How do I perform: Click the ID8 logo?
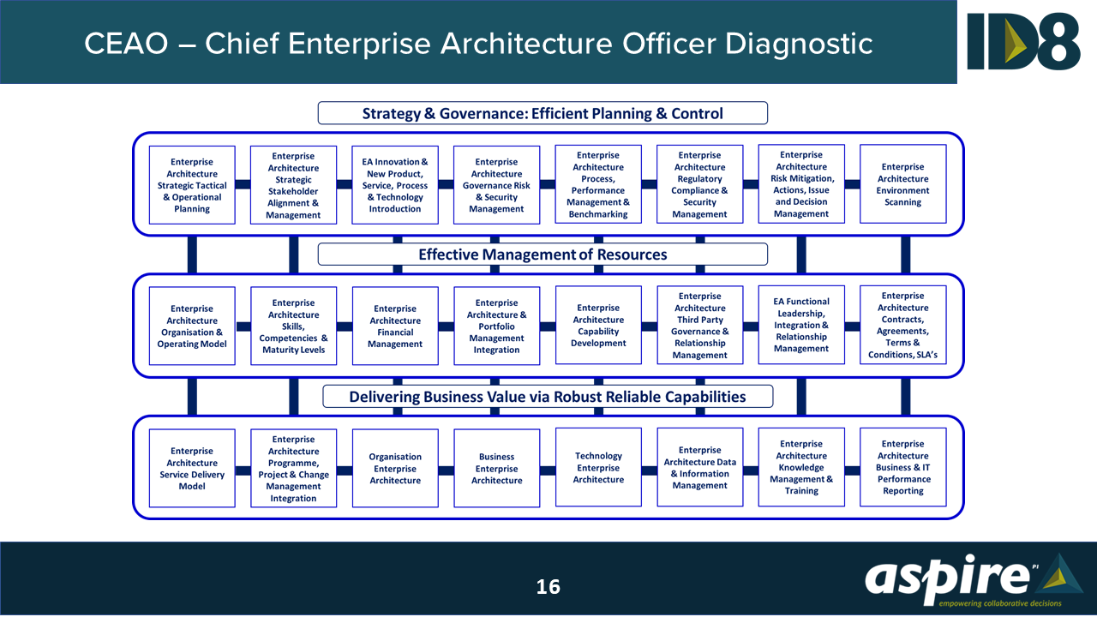tap(1023, 41)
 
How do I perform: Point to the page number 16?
tap(548, 587)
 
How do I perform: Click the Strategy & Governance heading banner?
tap(543, 113)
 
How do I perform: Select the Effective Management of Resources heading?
tap(543, 255)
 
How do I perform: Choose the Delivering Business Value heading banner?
tap(547, 397)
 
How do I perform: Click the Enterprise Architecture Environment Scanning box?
tap(902, 184)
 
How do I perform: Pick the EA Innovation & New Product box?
tap(395, 185)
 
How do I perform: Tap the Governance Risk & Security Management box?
tap(496, 185)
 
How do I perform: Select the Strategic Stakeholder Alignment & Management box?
tap(293, 185)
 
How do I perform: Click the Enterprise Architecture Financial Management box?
tap(395, 326)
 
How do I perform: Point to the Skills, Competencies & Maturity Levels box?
tap(293, 326)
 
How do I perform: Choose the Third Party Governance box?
tap(699, 326)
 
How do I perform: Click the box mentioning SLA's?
tap(902, 326)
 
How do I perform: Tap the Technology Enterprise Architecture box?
tap(598, 468)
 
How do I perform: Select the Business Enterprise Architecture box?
tap(496, 468)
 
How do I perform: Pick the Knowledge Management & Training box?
tap(801, 468)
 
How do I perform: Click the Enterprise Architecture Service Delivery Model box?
tap(192, 468)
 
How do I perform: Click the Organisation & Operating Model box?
tap(192, 326)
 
